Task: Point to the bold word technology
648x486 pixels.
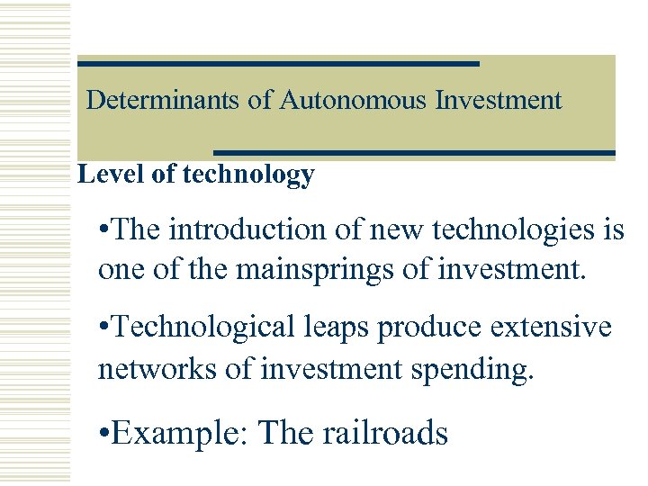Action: click(248, 175)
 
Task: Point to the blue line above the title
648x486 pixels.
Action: click(278, 64)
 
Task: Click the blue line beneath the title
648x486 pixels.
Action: click(414, 152)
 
